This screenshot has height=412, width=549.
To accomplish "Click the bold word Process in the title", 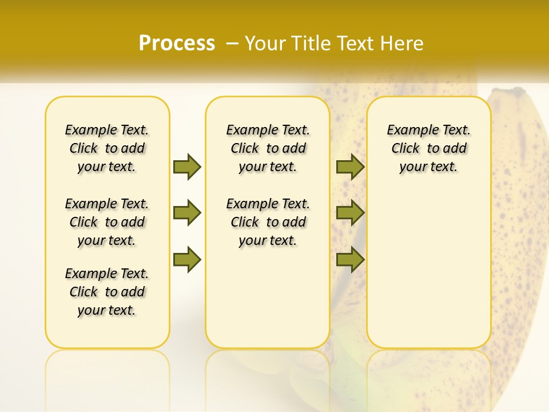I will (x=177, y=43).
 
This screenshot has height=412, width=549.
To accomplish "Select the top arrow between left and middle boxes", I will (x=187, y=167).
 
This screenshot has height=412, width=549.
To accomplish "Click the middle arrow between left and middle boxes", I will (x=187, y=213).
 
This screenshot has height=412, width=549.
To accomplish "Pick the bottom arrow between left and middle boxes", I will (x=187, y=260).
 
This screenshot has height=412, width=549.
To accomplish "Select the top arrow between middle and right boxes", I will (x=350, y=167).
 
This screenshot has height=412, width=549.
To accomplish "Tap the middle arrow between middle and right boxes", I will (x=350, y=213).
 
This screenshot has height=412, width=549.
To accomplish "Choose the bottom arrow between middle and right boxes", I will (x=350, y=260).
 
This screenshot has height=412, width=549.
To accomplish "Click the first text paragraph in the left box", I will (x=107, y=148).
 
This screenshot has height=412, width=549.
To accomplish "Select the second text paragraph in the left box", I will (x=107, y=222).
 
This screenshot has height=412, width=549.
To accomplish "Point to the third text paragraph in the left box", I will (x=107, y=292).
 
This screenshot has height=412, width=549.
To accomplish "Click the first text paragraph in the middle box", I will (x=268, y=148).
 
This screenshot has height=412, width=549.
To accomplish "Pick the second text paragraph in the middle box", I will (x=268, y=222).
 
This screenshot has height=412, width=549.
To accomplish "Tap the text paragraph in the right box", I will (x=428, y=148).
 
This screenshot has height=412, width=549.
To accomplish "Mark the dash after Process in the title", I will (x=233, y=43).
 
